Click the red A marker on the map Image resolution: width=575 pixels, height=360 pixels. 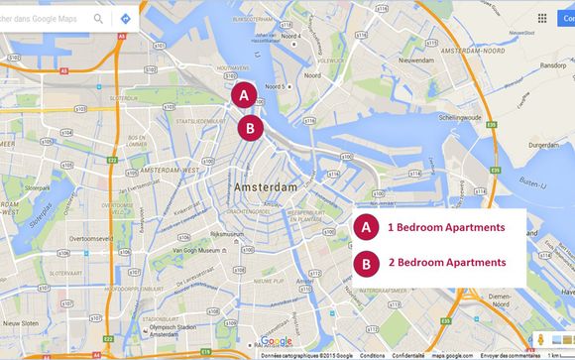(x=245, y=95)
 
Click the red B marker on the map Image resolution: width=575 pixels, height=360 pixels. (x=250, y=128)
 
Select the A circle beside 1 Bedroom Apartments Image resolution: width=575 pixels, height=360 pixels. (x=366, y=227)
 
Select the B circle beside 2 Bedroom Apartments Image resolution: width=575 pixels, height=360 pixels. (x=366, y=263)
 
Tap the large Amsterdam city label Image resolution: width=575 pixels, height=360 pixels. (x=265, y=186)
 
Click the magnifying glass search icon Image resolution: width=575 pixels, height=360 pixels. (x=98, y=18)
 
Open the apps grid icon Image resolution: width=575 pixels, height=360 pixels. (x=541, y=18)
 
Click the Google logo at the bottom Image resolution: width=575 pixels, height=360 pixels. (x=277, y=341)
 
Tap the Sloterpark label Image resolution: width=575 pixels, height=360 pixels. (x=39, y=186)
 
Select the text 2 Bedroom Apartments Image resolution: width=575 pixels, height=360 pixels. (x=446, y=263)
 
